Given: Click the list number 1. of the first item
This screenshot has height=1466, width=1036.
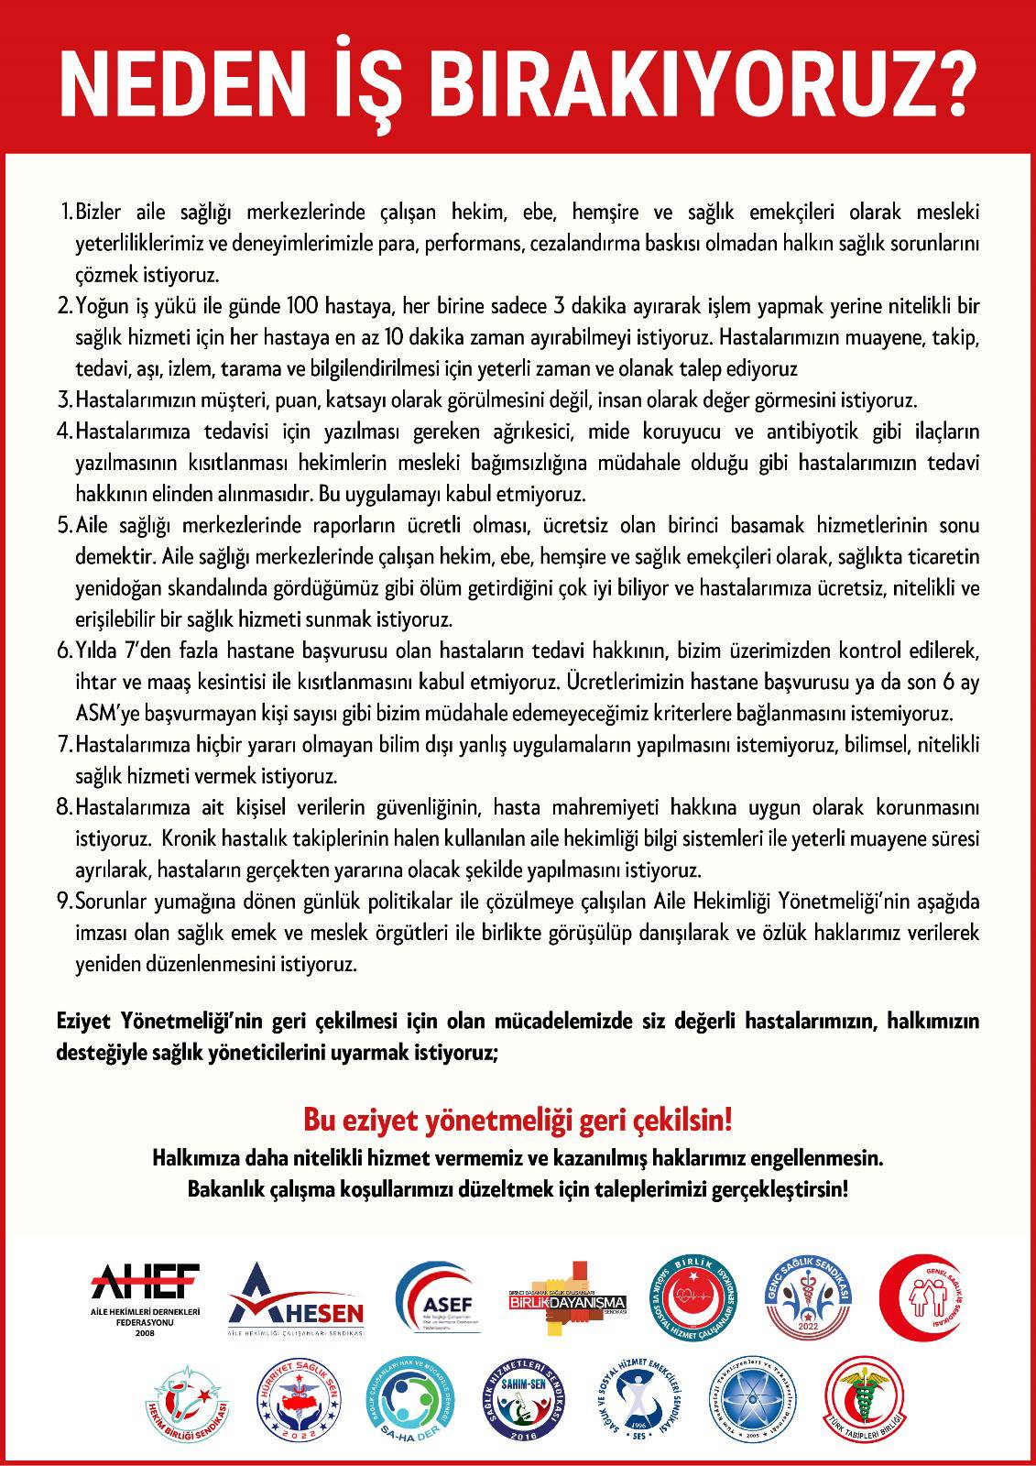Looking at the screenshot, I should (x=65, y=213).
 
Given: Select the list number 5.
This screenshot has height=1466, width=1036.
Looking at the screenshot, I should (x=65, y=526).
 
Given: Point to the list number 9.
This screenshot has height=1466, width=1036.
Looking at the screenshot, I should (x=65, y=902).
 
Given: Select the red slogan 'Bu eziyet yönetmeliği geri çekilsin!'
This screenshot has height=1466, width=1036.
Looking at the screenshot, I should (x=518, y=1120).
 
